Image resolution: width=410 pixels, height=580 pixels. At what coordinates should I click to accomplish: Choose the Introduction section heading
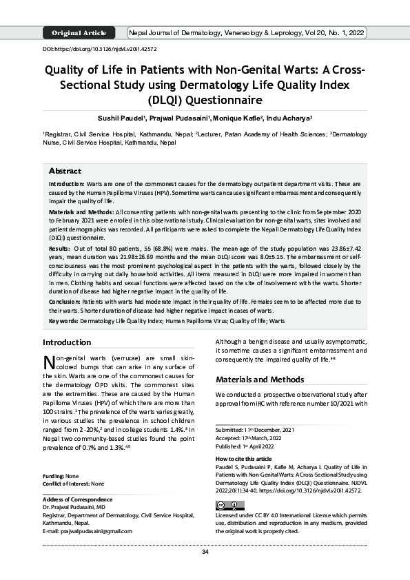coord(67,342)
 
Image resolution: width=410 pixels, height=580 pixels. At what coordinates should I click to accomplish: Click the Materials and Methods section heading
coord(259,380)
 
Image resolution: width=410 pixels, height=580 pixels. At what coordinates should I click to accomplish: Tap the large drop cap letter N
coord(49,363)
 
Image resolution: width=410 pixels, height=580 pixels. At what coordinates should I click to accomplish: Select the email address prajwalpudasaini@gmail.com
coord(88,531)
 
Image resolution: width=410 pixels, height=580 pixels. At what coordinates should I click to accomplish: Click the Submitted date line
coord(252,429)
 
